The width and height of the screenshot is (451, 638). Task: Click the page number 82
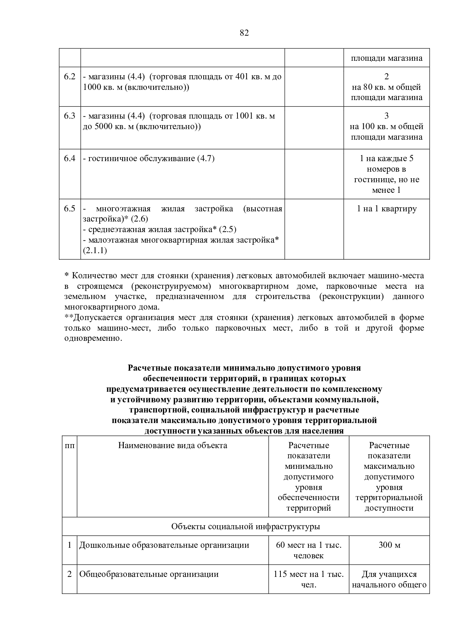click(244, 33)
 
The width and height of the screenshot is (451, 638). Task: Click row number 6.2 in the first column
click(69, 76)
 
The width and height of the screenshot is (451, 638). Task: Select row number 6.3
click(69, 116)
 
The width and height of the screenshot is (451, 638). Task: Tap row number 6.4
click(69, 158)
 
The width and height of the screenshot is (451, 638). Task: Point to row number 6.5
click(69, 208)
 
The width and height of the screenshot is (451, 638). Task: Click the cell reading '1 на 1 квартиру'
click(387, 209)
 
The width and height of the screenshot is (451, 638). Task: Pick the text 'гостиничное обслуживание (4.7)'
click(148, 159)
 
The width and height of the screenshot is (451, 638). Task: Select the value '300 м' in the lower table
click(389, 545)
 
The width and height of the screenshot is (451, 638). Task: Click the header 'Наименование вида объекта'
click(173, 445)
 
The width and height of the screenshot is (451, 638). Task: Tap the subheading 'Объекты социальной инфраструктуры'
click(246, 526)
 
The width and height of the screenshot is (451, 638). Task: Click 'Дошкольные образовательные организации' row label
click(164, 545)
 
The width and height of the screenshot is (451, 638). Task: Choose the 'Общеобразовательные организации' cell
click(149, 574)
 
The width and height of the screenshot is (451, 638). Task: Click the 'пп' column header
click(69, 445)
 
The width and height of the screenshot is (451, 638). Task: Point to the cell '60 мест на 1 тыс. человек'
click(308, 550)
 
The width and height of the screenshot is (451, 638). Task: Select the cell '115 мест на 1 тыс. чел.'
click(308, 579)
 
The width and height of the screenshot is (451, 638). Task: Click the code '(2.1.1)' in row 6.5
click(95, 251)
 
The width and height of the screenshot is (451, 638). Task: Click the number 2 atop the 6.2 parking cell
click(386, 76)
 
